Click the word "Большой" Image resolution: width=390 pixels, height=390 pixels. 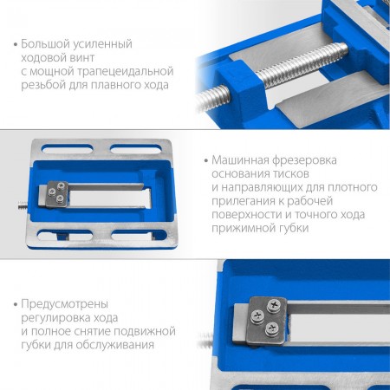click(x=45, y=44)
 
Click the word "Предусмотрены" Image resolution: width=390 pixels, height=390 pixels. click(x=65, y=305)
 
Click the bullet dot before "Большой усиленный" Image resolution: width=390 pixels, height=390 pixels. click(x=16, y=45)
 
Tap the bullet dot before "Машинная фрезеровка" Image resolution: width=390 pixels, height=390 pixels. click(x=206, y=160)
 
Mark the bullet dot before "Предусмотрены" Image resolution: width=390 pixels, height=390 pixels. click(x=16, y=304)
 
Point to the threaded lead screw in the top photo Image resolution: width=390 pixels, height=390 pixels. click(x=271, y=75)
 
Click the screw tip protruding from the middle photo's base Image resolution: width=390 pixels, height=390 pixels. click(x=23, y=205)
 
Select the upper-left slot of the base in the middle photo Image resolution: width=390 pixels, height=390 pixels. click(x=67, y=149)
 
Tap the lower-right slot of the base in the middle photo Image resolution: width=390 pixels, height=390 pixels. click(x=139, y=235)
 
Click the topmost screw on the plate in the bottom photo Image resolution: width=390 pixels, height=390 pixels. click(x=274, y=306)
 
